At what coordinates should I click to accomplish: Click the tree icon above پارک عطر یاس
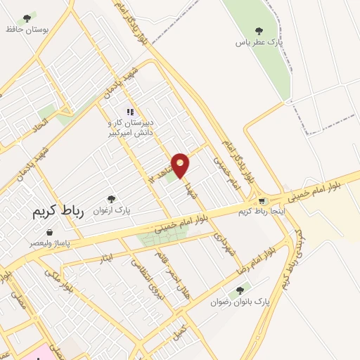pos(259,31)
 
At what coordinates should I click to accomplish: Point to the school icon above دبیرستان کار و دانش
pos(129,112)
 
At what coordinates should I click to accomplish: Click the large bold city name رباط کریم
pos(58,213)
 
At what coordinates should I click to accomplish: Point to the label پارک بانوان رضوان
pos(240,302)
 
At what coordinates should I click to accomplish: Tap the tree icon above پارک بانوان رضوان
pos(240,290)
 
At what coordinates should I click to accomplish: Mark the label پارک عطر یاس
pos(258,42)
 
